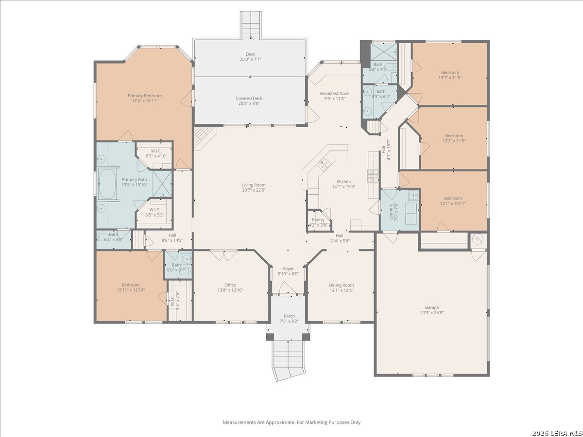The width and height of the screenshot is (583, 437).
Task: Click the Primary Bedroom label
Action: [x=145, y=96]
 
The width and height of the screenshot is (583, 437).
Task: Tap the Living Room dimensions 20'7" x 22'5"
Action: [x=254, y=190]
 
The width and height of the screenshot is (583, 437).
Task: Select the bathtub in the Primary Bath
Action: [x=107, y=184]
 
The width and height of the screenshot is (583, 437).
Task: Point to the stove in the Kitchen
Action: [x=373, y=176]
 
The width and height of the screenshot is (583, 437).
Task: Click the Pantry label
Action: [x=318, y=219]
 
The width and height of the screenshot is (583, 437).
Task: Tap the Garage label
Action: [x=431, y=307]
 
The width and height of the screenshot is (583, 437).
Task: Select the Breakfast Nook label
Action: [x=335, y=93]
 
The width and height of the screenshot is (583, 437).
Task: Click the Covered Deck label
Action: [x=249, y=98]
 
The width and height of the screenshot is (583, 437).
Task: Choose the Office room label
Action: [x=230, y=285]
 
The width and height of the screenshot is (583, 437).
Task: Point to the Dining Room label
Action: [x=342, y=285]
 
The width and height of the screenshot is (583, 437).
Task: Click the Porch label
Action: [x=289, y=316]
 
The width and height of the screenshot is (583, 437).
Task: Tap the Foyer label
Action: [x=288, y=269]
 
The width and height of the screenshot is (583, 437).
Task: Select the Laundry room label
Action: [x=391, y=212]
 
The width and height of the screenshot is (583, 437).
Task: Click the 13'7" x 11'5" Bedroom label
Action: [x=450, y=72]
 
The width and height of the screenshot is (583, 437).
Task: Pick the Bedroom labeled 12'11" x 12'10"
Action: [x=131, y=285]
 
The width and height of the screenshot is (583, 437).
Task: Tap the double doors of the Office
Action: [x=224, y=255]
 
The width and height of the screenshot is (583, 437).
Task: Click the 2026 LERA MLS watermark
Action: [x=556, y=433]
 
